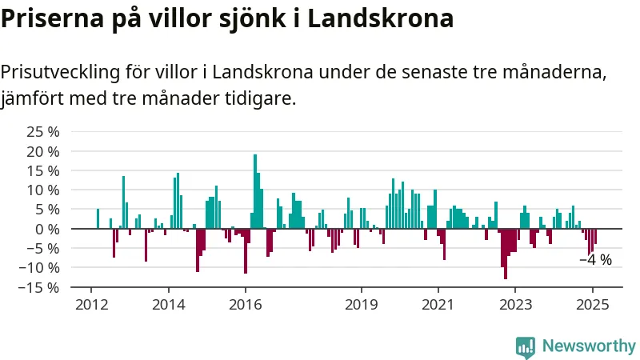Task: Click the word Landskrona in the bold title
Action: point(380,18)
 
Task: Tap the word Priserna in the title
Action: point(52,18)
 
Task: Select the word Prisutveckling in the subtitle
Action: point(61,73)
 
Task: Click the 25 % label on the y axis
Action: point(43,132)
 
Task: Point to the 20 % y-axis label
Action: point(43,151)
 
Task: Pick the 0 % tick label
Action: point(47,229)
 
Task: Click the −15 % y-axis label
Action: point(38,287)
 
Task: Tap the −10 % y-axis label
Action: point(38,268)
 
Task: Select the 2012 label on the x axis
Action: point(91,305)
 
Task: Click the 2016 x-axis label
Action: point(246,305)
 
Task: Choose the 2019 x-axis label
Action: point(362,305)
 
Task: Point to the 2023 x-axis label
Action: point(515,305)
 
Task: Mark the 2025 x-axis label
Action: point(592,305)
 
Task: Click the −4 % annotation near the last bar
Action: point(595,260)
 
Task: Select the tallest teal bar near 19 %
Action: point(255,191)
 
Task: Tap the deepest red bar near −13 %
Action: point(506,254)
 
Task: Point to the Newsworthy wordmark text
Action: point(589,346)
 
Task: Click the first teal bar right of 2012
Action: point(98,218)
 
